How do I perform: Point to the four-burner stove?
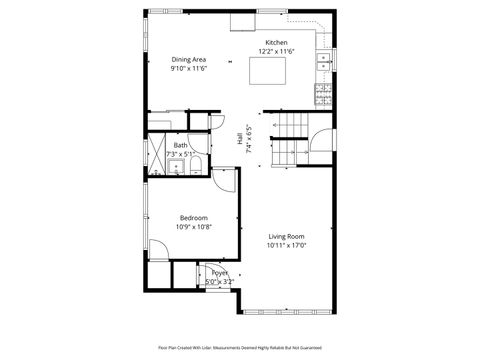tap(324, 95)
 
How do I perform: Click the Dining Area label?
tap(189, 60)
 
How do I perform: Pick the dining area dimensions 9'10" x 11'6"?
tap(189, 69)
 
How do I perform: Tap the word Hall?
tap(239, 140)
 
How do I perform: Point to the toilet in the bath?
tap(196, 164)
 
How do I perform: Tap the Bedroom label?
tap(193, 218)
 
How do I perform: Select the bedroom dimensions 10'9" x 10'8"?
tap(193, 227)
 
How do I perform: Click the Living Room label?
tap(286, 236)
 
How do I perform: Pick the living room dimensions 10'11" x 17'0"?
tap(286, 245)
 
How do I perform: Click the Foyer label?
tap(218, 272)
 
